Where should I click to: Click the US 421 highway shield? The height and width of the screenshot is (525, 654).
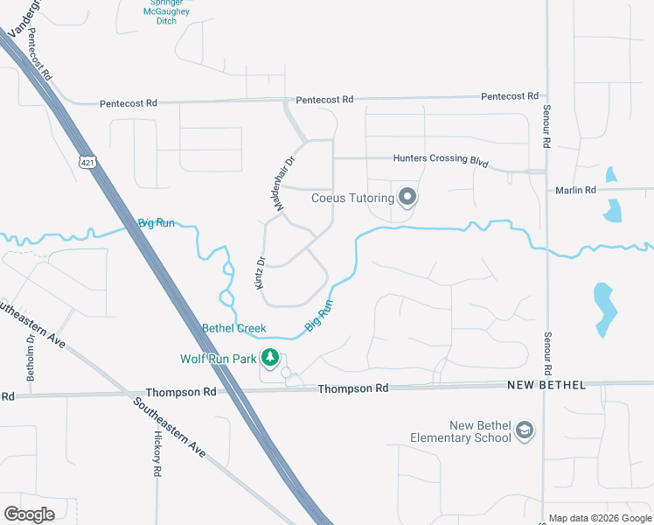coord(87,162)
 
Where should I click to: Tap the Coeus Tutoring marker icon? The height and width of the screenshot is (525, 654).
coord(407,198)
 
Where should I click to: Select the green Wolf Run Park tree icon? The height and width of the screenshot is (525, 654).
coord(271,358)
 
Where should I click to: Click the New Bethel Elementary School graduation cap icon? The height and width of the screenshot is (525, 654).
coord(524,430)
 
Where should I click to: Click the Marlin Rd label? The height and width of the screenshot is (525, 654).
coord(575,190)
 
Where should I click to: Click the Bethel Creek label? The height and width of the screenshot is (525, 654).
coord(227,328)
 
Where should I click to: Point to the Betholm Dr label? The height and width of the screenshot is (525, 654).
coord(31,358)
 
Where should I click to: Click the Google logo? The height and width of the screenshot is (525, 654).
coord(29,514)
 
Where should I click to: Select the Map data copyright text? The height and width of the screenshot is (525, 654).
coord(599,518)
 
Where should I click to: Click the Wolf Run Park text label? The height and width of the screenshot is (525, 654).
coord(219,359)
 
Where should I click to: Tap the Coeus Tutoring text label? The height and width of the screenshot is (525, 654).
coord(353,198)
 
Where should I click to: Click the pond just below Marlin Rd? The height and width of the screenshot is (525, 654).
coord(614,210)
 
